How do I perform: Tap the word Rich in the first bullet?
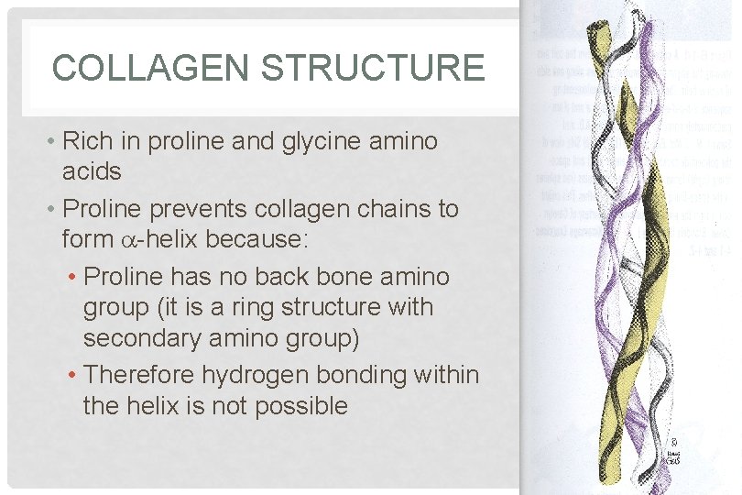pyautogui.click(x=87, y=141)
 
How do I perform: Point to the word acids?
pyautogui.click(x=92, y=171)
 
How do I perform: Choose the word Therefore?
pyautogui.click(x=138, y=375)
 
